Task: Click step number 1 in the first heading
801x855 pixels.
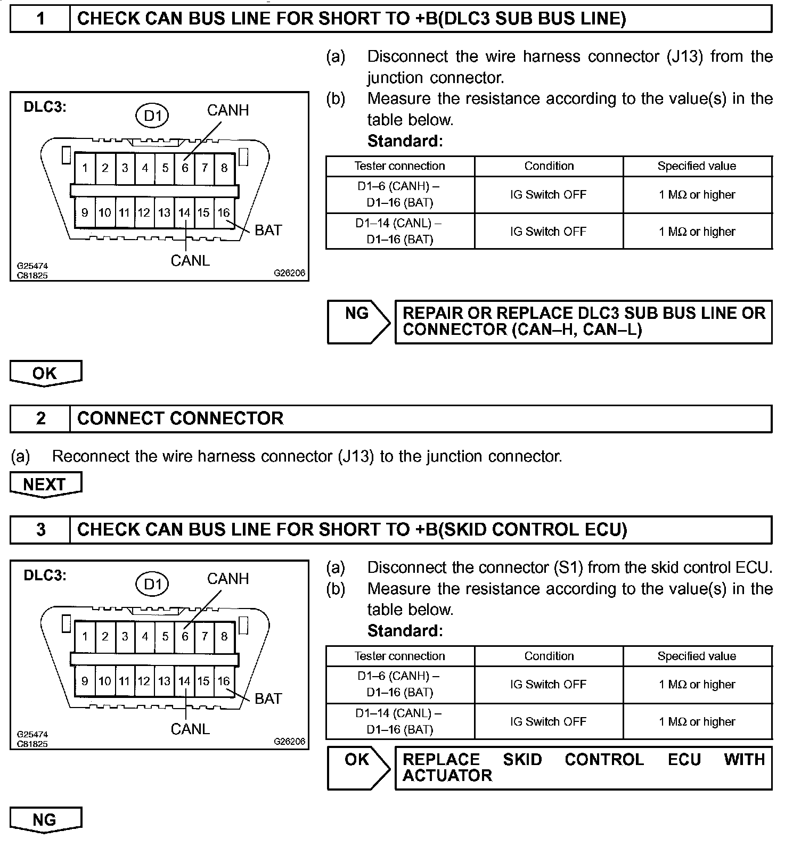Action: (40, 19)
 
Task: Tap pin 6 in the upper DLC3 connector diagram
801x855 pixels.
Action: (185, 168)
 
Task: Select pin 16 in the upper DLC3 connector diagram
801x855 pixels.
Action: (224, 213)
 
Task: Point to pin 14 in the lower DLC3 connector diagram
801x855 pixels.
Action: (184, 681)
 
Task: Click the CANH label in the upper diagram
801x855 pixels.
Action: (228, 110)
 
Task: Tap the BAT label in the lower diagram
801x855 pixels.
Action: (268, 698)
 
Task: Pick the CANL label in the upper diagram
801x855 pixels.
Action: (190, 261)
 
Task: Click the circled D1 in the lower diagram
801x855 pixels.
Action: (153, 585)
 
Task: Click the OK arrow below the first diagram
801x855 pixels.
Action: (45, 373)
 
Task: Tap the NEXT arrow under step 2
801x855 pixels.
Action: (45, 484)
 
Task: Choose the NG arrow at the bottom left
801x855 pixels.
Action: (45, 820)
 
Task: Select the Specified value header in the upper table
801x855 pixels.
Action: (697, 166)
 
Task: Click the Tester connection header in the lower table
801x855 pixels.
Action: (399, 656)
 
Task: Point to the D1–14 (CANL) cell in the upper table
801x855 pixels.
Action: (399, 231)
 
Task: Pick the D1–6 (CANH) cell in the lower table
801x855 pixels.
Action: (399, 684)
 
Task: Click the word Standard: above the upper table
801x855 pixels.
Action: (405, 141)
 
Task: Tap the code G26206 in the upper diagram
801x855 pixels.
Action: (290, 273)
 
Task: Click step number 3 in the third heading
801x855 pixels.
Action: (40, 530)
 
